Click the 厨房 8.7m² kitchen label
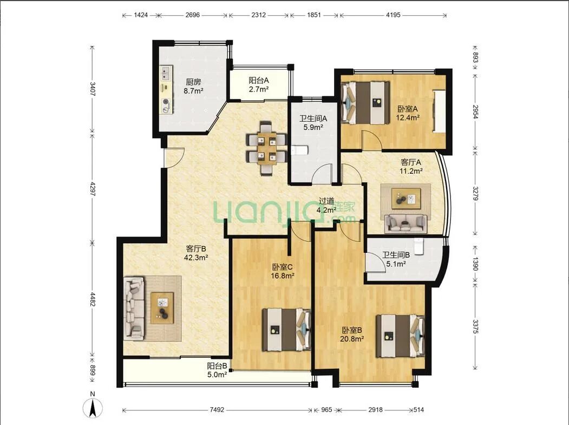tap(193, 87)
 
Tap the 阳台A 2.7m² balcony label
tap(258, 84)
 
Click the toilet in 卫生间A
tap(300, 150)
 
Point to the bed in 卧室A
tap(365, 103)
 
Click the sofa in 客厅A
tap(406, 224)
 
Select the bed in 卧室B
tap(400, 336)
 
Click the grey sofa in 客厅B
tap(134, 309)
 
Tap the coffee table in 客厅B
tap(162, 308)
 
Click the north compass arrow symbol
tap(93, 408)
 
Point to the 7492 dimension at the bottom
tap(217, 410)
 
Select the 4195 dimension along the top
tap(393, 15)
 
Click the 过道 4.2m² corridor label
tap(326, 205)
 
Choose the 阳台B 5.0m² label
tap(217, 370)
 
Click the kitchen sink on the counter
tap(167, 73)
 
